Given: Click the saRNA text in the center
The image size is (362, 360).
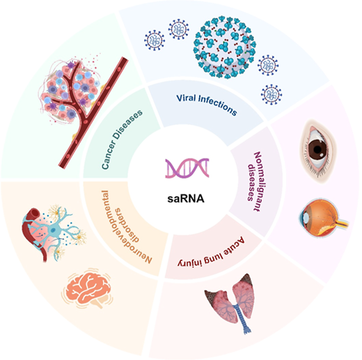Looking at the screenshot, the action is point(186,198).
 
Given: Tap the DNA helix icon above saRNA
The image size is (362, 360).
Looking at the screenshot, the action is point(187,168).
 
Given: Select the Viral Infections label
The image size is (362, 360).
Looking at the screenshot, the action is point(207,104).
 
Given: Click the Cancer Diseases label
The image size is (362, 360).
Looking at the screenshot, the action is point(122,139).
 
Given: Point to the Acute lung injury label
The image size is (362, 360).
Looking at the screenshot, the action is point(211,253).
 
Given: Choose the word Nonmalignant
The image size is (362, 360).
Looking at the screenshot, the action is point(260,182).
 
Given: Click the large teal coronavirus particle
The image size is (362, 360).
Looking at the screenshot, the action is point(225,47).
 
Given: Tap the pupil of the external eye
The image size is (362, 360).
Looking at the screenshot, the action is point(317,150).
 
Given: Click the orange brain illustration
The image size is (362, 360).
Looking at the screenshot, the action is point(88,288).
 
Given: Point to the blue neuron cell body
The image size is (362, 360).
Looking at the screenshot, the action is point(53,230).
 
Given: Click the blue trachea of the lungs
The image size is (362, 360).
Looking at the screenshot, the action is point(242,318).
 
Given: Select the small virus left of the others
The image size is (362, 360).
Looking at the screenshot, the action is point(155,40).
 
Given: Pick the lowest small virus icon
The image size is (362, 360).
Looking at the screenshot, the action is point(271,95).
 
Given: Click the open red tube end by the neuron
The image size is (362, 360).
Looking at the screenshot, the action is point(33,212).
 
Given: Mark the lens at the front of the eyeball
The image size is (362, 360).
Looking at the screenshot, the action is point(306,217).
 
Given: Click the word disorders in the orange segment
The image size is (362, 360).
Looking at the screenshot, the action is point(127,225).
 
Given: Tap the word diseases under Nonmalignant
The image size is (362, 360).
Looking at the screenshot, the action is point(251,182).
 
